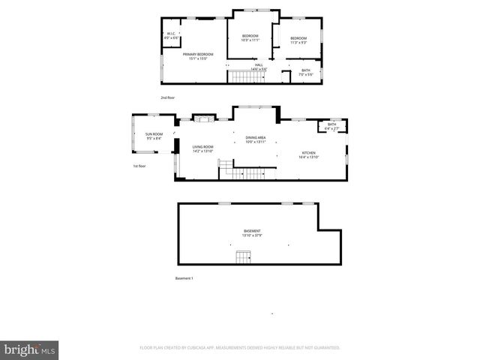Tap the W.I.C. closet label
point(171,34)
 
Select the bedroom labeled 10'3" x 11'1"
point(250,38)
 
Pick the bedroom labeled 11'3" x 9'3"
point(298,40)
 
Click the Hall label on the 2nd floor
point(259,67)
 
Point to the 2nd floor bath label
point(305,72)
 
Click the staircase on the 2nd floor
point(243,77)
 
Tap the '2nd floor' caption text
point(167,97)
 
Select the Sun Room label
point(153,136)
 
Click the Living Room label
point(202,148)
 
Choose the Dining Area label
point(256,139)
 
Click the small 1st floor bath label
point(331,126)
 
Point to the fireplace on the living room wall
point(203,118)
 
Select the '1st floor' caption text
point(139,166)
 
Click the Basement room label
point(252,232)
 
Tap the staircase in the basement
point(243,257)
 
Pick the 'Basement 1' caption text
point(184,278)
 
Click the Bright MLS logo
point(30,349)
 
